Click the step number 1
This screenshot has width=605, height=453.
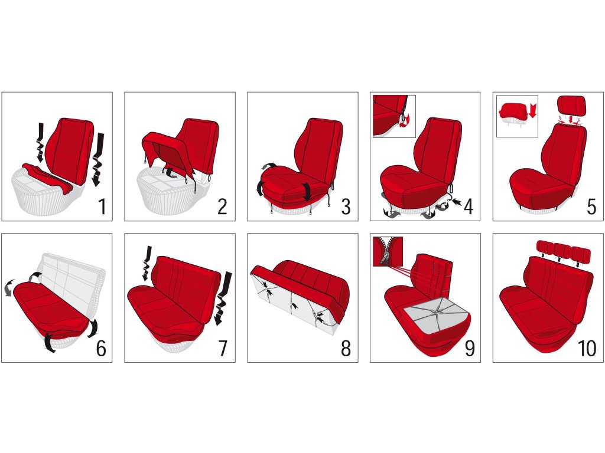102,206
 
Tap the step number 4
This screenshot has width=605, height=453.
468,206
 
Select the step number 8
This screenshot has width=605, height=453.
346,348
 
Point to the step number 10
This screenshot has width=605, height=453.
587,348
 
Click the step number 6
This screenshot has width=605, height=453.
100,348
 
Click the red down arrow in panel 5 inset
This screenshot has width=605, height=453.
533,110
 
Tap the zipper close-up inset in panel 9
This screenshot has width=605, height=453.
388,251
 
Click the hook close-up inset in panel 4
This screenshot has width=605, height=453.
394,116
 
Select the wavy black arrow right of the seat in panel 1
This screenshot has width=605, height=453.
98,159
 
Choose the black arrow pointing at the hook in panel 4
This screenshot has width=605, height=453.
457,201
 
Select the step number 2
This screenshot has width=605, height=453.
222,206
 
